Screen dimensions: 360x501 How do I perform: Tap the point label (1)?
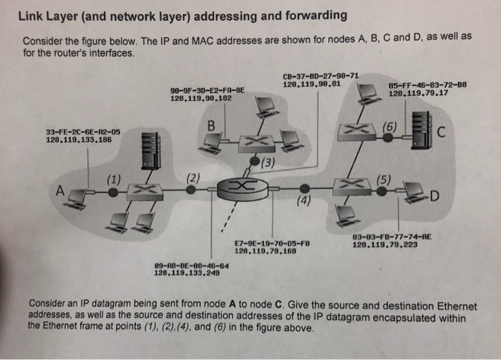point(113,178)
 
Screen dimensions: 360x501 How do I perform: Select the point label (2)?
point(192,177)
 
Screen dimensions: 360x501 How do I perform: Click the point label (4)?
point(304,201)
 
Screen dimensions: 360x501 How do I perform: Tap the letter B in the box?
point(210,127)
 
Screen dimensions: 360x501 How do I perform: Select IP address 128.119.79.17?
point(418,93)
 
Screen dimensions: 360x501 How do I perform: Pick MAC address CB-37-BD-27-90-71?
point(321,75)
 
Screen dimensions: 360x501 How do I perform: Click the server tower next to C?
point(420,130)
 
